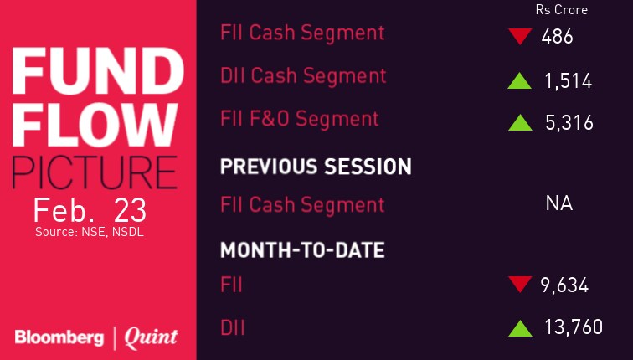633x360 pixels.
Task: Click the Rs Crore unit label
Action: click(562, 10)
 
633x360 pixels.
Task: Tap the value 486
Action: click(557, 37)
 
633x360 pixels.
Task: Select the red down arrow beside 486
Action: click(520, 36)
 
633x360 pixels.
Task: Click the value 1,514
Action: click(569, 81)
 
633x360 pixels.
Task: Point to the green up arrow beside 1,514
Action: click(520, 80)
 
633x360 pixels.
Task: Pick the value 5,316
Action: click(569, 123)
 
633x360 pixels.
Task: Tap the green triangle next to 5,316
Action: click(520, 123)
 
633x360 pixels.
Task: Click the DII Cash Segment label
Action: click(303, 77)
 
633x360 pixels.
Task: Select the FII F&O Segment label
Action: click(300, 119)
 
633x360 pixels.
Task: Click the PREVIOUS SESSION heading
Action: click(316, 167)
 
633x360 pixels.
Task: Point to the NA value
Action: click(559, 203)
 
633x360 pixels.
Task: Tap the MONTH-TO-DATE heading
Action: click(302, 250)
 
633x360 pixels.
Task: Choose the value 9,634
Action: click(564, 285)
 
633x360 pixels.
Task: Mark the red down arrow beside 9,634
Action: click(520, 284)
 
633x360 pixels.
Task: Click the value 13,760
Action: click(574, 327)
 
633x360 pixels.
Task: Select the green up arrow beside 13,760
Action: click(520, 328)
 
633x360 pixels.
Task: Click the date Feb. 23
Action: click(90, 211)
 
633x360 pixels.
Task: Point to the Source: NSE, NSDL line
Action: click(90, 232)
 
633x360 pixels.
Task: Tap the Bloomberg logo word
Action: click(59, 338)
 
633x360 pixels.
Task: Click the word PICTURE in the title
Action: click(95, 172)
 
